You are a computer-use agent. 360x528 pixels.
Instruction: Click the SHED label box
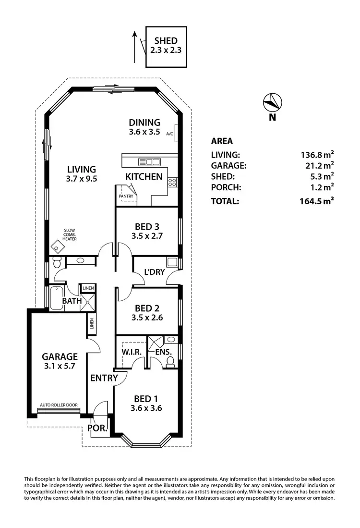[x=166, y=46]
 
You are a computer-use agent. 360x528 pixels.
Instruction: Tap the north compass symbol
[x=272, y=102]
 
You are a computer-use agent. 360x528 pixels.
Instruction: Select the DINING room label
[x=144, y=123]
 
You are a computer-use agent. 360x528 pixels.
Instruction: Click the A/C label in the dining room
[x=169, y=134]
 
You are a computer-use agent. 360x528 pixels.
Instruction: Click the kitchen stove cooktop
[x=172, y=182]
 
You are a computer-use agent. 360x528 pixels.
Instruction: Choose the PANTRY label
[x=125, y=196]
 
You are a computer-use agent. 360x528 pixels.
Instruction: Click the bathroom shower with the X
[x=88, y=303]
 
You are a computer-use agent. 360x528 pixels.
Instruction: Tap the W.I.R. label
[x=132, y=352]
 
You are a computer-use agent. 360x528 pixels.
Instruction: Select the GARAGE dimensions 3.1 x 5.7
[x=60, y=366]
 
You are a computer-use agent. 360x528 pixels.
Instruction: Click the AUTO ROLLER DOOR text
[x=59, y=405]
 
